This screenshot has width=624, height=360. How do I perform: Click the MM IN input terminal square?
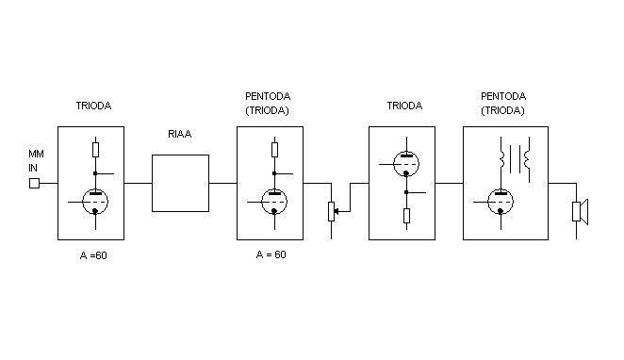coord(35,184)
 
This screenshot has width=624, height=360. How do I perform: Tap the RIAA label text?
coord(180,134)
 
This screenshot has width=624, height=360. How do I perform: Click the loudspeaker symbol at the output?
coord(580,212)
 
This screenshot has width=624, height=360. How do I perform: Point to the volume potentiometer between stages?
coord(332,211)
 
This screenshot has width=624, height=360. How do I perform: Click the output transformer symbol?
coord(515,159)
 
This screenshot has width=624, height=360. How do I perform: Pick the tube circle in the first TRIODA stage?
coord(95,202)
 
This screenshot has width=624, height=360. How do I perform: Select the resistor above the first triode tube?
coord(95,150)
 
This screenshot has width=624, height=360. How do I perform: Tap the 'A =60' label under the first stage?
coord(93,255)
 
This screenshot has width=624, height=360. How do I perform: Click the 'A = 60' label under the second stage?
coord(271,254)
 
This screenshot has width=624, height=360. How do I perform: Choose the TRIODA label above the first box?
coord(93,106)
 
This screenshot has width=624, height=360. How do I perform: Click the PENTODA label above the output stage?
coord(503,96)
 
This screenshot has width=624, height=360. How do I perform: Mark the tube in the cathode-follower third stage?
coord(406,163)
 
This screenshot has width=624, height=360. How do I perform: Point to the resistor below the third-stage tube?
coord(406,216)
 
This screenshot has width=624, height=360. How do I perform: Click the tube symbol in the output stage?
coord(501,202)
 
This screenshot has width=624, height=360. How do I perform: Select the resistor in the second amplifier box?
coord(274,150)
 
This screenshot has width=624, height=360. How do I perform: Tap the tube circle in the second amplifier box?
coord(274,202)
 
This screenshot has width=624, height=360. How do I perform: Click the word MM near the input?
coord(36,154)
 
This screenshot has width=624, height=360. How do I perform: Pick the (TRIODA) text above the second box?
coord(267,110)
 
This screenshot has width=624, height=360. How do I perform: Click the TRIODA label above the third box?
coord(404,106)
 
